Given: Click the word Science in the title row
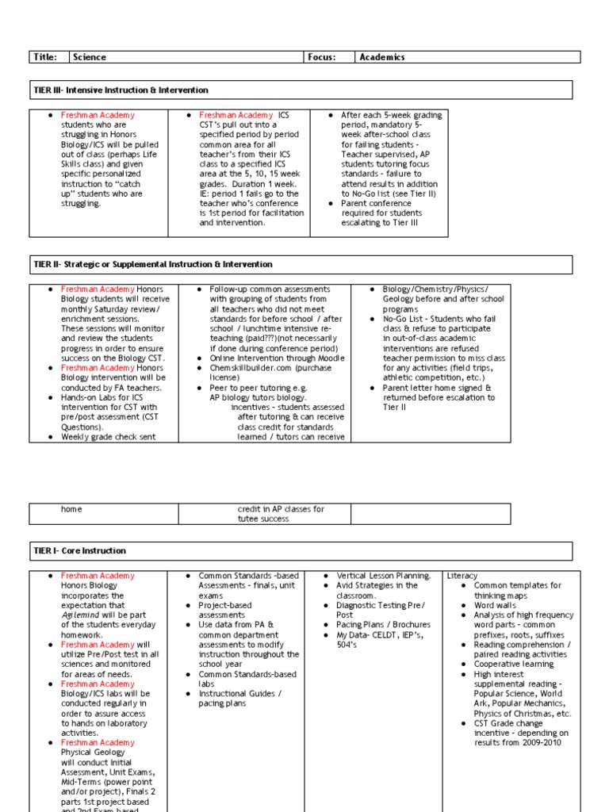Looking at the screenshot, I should coord(90,57).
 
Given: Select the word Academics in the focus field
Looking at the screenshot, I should coord(381,57).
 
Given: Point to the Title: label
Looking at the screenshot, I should coord(44,57).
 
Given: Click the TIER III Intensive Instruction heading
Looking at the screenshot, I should coord(120,90).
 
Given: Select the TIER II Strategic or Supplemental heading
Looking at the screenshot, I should coord(152,264).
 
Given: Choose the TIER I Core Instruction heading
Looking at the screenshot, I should coord(79,550).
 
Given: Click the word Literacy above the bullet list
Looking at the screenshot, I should coord(463,576).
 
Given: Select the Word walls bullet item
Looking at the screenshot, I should coord(495,605).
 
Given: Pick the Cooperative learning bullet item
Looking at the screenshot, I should coord(513,665).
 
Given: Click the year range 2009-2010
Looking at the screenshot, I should coord(543,743).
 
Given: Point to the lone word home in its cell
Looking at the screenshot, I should coord(71,509).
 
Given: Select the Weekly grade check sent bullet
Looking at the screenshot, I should coord(108,437).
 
